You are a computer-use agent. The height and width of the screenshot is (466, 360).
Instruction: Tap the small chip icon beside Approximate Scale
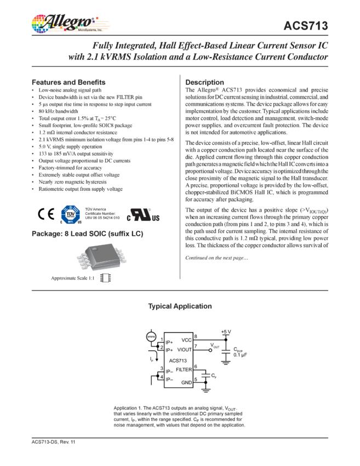click(x=108, y=279)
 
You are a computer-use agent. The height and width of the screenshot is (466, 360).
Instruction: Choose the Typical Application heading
click(x=180, y=305)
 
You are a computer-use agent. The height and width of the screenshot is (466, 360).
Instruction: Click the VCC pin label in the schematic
click(x=186, y=340)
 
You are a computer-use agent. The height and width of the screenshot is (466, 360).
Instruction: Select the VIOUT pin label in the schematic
click(x=185, y=349)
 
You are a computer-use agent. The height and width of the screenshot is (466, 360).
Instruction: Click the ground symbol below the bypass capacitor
click(x=225, y=366)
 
